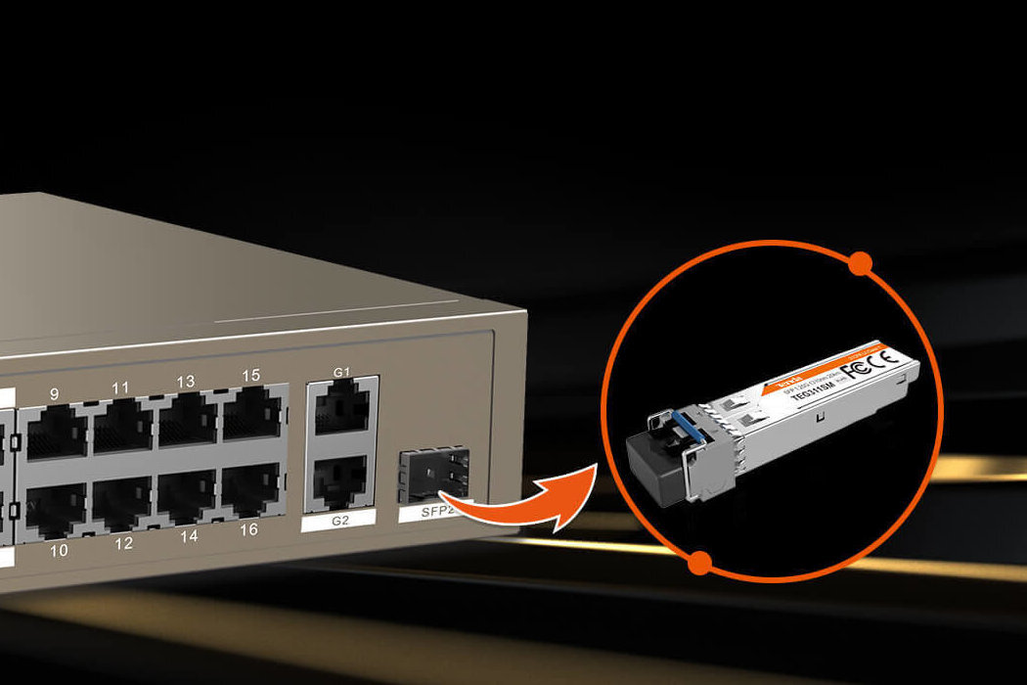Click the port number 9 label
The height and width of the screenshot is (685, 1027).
(x=55, y=393)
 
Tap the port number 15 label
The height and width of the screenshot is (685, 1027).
(x=251, y=376)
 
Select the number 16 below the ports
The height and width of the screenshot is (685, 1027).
(x=249, y=528)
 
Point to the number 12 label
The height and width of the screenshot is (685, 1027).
(x=123, y=543)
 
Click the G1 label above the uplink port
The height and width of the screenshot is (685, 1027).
(x=341, y=372)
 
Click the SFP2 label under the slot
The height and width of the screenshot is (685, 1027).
(x=427, y=513)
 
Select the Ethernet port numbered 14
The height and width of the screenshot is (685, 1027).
(x=187, y=496)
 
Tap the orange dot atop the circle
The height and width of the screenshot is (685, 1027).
(x=860, y=262)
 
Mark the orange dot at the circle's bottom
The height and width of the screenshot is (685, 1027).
(x=698, y=563)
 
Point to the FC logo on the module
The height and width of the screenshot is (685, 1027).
(x=853, y=368)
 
